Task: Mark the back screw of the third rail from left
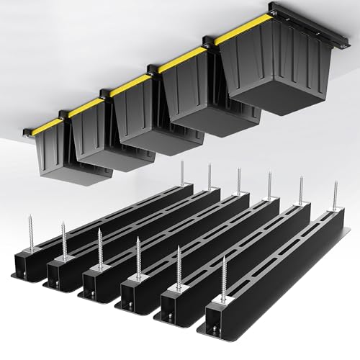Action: pos(240,184)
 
